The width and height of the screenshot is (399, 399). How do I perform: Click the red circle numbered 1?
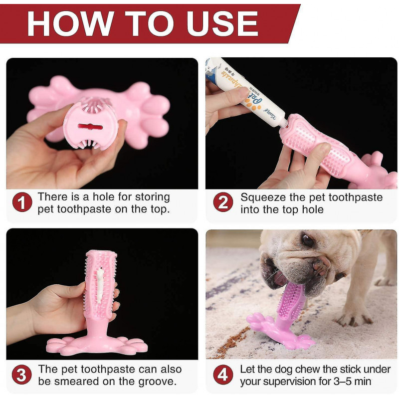tap(22, 203)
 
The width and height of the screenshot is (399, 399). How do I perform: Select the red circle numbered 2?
tap(223, 203)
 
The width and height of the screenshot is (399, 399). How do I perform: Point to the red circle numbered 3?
tap(22, 375)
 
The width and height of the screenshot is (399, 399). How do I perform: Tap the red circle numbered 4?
tap(223, 375)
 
